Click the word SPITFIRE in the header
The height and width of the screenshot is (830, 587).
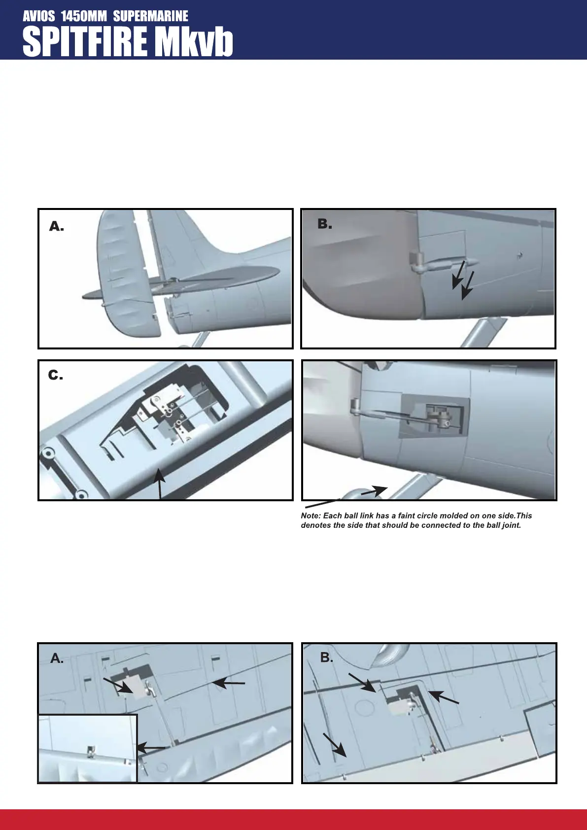85,42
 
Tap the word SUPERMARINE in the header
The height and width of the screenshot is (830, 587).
150,16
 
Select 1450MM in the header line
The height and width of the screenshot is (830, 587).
84,16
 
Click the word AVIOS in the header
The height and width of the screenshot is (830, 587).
39,16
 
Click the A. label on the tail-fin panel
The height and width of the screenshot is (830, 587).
56,226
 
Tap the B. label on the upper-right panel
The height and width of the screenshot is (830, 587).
324,224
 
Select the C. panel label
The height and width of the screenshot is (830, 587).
55,376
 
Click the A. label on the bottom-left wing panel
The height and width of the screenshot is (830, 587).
57,658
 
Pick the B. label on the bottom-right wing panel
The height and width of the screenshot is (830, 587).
326,657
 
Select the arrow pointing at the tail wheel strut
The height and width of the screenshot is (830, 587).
375,491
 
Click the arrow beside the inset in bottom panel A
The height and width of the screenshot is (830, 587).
150,748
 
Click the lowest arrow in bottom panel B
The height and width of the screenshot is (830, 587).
335,745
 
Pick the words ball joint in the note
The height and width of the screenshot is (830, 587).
502,525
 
